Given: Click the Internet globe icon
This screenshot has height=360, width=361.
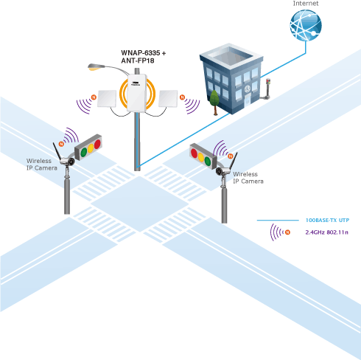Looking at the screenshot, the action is tap(306, 25).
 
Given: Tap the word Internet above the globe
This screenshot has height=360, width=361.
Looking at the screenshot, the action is tap(306, 4).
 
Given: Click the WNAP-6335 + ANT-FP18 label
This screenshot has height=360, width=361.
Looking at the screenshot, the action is tap(144, 57).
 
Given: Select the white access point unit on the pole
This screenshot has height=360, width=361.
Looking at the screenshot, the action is tap(137, 93).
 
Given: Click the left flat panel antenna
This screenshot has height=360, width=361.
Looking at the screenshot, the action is tap(107, 99).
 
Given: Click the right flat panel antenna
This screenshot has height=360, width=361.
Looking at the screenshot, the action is tap(168, 99).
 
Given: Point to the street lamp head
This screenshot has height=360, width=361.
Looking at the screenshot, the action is tap(96, 67).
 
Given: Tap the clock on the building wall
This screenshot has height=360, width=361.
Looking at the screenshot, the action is tap(248, 89).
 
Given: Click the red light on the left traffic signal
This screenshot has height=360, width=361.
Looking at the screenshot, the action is tap(97, 144).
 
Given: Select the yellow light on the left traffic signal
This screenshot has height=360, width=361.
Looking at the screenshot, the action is tap(91, 148).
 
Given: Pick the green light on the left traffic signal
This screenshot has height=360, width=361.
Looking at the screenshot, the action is tap(84, 152).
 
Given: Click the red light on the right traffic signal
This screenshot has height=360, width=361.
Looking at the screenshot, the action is tap(194, 153).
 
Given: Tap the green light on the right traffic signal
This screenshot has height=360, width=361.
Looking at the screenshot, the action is tap(208, 161).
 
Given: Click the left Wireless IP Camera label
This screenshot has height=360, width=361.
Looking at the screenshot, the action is tap(42, 165).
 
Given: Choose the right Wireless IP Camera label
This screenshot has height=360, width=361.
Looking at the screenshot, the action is tap(248, 178).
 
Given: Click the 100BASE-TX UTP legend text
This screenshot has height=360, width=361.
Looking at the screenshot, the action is tap(327, 220).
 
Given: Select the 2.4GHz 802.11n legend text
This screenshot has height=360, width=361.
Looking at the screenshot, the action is tap(327, 232).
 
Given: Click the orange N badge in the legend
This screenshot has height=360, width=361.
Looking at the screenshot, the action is tap(287, 232).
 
